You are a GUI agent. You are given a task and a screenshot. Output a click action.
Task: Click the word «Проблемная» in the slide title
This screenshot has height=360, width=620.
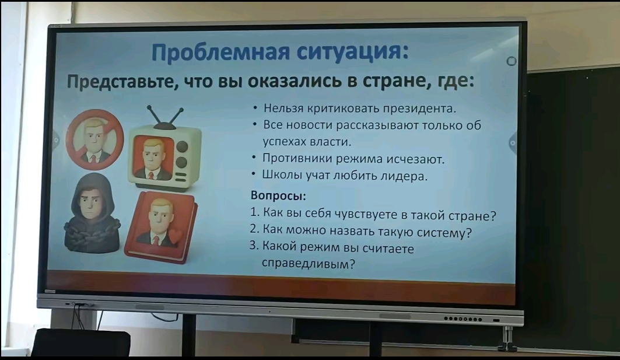[220, 53]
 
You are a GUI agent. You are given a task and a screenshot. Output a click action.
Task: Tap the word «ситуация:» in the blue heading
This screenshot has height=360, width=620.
[353, 53]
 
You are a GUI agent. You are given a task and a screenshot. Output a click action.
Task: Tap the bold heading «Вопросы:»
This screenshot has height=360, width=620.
[278, 195]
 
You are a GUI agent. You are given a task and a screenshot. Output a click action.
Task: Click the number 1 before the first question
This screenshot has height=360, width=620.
[254, 212]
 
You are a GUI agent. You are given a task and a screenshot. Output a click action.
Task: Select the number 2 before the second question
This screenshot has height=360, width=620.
[254, 229]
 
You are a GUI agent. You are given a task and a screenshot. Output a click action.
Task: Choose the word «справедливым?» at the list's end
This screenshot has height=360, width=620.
[309, 264]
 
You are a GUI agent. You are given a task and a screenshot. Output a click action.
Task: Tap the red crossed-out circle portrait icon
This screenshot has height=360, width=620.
[94, 139]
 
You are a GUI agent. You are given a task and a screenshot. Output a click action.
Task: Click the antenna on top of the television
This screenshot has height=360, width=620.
[165, 117]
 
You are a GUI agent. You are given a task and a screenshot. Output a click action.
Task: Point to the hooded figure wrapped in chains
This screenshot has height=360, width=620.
[92, 214]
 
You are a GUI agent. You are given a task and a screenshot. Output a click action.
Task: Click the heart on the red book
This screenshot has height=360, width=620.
[176, 236]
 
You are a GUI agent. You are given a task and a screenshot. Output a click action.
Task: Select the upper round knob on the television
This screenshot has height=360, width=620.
[182, 146]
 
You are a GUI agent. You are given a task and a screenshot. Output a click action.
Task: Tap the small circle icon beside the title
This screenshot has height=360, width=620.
[512, 61]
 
